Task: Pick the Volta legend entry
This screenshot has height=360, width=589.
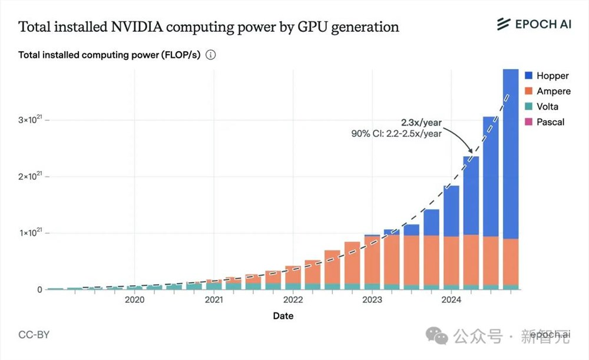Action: coord(541,107)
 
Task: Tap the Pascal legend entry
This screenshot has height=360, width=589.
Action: coord(543,122)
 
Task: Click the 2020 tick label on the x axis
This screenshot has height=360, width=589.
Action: coord(134,300)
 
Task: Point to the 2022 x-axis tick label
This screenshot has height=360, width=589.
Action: coord(293,300)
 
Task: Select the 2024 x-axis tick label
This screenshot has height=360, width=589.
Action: coord(451,300)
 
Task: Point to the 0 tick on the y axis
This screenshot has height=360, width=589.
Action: coord(39,289)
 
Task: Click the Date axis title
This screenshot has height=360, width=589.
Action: coord(283,316)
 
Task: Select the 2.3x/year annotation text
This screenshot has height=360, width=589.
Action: coord(421,123)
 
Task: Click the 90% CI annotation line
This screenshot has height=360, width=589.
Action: coord(396,134)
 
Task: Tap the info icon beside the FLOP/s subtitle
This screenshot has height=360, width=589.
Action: coord(211,55)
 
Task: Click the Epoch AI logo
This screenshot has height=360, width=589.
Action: coord(534,24)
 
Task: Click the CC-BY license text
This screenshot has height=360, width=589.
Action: coord(34,335)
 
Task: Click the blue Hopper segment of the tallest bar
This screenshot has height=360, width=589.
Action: coord(510,153)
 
